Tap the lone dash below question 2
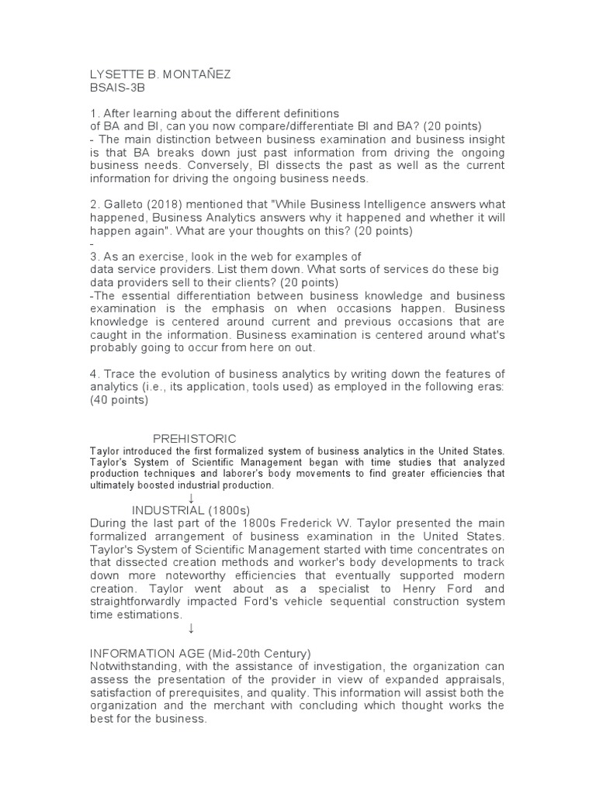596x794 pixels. pos(92,244)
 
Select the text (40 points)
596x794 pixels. pos(119,401)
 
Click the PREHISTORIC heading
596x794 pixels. pos(194,439)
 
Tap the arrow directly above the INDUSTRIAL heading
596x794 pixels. pos(191,497)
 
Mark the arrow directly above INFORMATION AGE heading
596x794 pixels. pos(191,628)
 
